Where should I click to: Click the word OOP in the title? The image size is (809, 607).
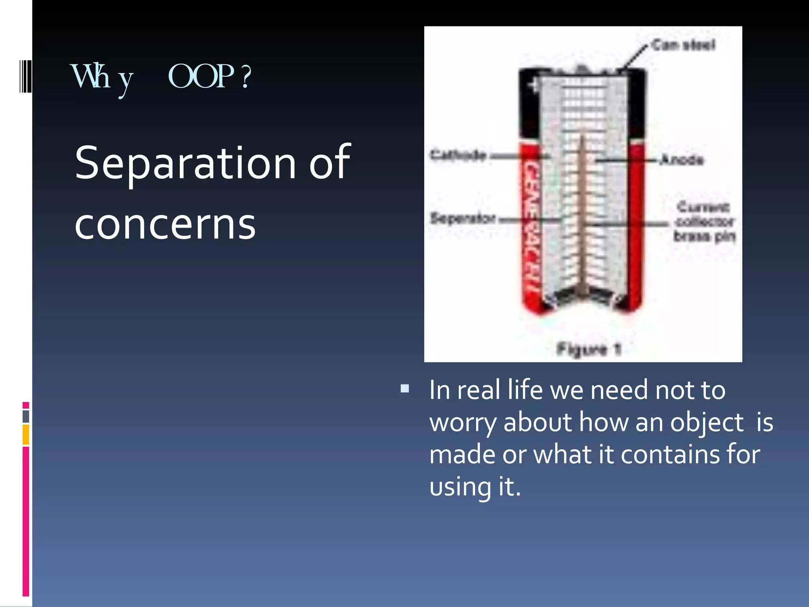tap(201, 76)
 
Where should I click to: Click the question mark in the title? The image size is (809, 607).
tap(246, 76)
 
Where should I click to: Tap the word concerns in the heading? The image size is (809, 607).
tap(165, 224)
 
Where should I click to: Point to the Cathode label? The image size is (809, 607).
tap(458, 155)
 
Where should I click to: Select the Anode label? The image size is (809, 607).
tap(682, 160)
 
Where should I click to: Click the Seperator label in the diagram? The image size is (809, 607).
tap(463, 218)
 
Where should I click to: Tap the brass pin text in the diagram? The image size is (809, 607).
tap(704, 236)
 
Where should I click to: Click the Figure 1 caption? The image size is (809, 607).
tap(589, 349)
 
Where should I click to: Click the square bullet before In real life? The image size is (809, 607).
tap(404, 388)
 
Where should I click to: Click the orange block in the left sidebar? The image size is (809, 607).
tap(26, 435)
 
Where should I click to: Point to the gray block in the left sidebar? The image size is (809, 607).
tap(26, 417)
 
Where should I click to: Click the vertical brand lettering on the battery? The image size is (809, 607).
tap(531, 225)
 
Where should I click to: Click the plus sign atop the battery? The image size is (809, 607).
tap(534, 85)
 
